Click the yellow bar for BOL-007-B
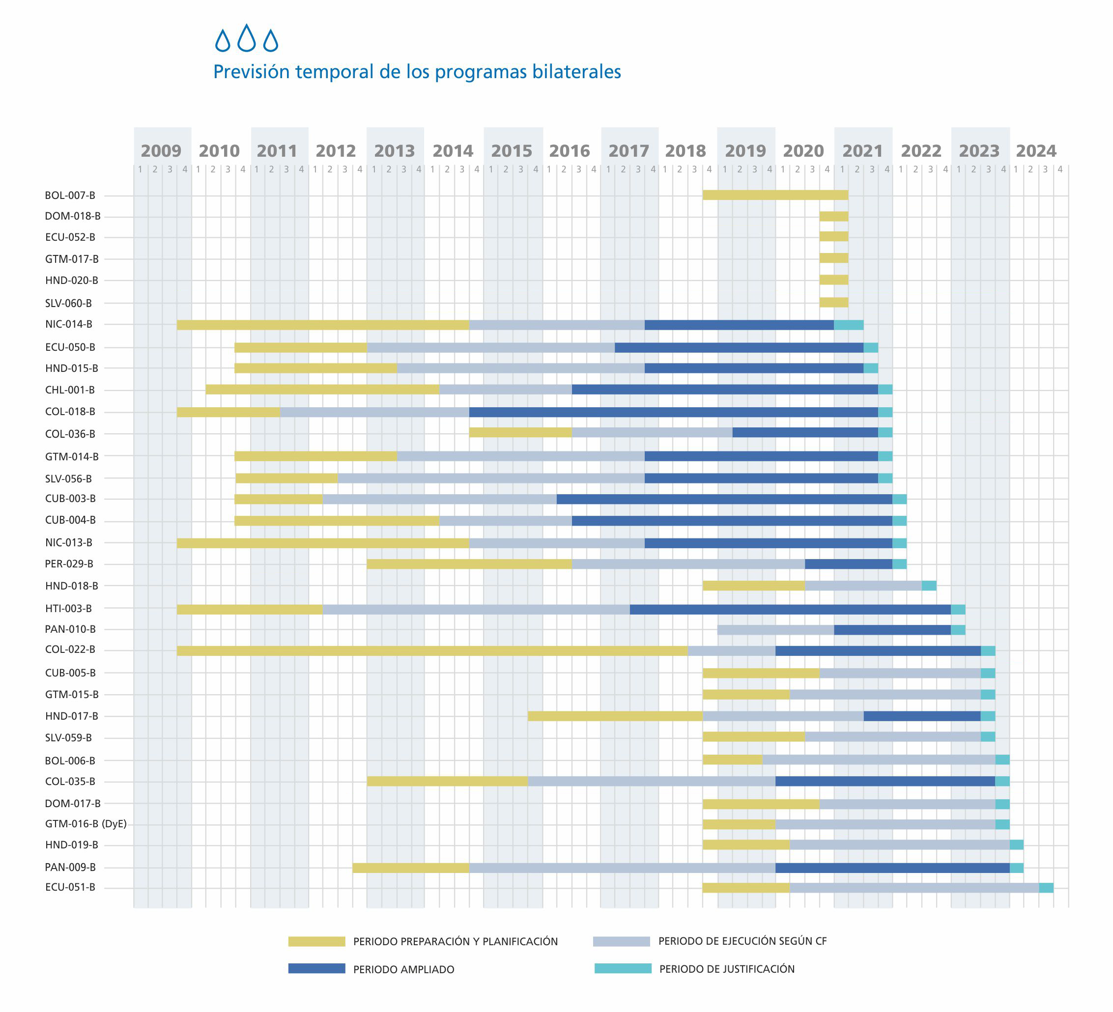click(774, 195)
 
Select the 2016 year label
click(569, 151)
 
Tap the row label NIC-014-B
click(68, 324)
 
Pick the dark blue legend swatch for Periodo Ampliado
click(316, 969)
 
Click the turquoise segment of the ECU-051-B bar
click(1046, 888)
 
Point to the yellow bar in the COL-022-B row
click(432, 650)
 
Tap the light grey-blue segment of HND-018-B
click(862, 586)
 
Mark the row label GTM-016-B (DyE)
click(86, 824)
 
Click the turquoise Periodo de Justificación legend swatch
click(623, 968)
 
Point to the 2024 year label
click(1036, 151)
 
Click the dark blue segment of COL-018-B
click(673, 412)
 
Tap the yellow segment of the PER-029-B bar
click(469, 564)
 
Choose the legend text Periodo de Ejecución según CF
click(742, 941)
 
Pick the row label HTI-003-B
click(68, 609)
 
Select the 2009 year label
click(161, 151)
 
